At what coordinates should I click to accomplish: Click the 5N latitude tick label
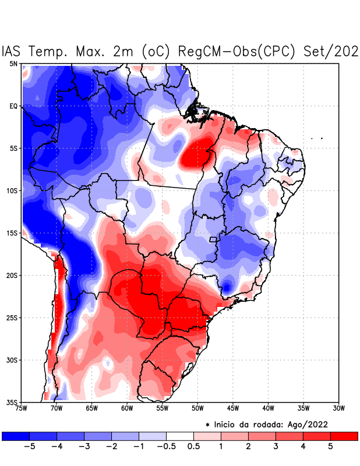[x=13, y=63]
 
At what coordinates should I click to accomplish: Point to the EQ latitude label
[x=13, y=106]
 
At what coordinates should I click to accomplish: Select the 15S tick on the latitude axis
[x=12, y=233]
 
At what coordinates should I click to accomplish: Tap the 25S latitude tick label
[x=12, y=317]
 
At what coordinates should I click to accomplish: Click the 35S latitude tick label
[x=12, y=402]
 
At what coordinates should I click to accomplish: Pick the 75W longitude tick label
[x=22, y=408]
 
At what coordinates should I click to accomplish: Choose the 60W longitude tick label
[x=127, y=408]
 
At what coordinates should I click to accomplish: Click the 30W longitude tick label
[x=338, y=408]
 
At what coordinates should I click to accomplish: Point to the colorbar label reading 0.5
[x=193, y=447]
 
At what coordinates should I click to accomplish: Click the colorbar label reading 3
[x=276, y=447]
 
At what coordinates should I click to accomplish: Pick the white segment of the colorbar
[x=180, y=436]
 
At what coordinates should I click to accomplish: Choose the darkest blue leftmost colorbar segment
[x=16, y=436]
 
